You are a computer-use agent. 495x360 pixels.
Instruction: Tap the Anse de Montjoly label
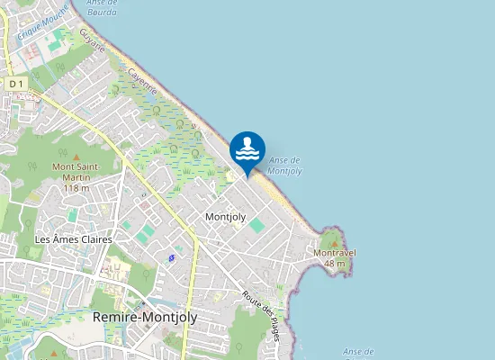coord(285,165)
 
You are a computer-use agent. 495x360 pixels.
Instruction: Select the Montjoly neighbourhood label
coord(225,217)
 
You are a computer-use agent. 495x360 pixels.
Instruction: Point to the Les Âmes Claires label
coord(72,239)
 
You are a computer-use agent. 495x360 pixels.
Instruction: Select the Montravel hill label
coord(335,253)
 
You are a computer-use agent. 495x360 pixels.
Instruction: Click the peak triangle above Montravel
coord(335,241)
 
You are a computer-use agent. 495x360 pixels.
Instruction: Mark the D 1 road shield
coord(15,84)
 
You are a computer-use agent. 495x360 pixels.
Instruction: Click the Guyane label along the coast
coord(92,41)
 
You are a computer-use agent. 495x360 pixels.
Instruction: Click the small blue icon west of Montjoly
coord(171,258)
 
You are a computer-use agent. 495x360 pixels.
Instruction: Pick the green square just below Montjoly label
coord(257,225)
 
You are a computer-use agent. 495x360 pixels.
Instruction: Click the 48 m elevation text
coord(335,264)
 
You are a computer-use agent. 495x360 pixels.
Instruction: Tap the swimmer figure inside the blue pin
coord(247,147)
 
